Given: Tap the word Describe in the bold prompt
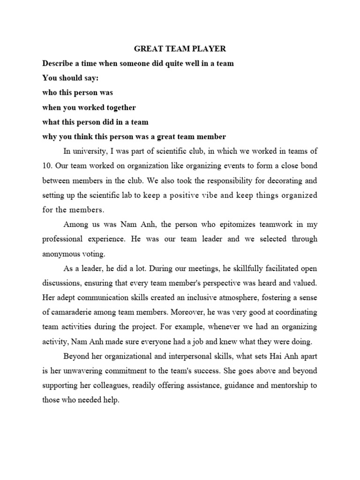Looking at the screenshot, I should point(58,63).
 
